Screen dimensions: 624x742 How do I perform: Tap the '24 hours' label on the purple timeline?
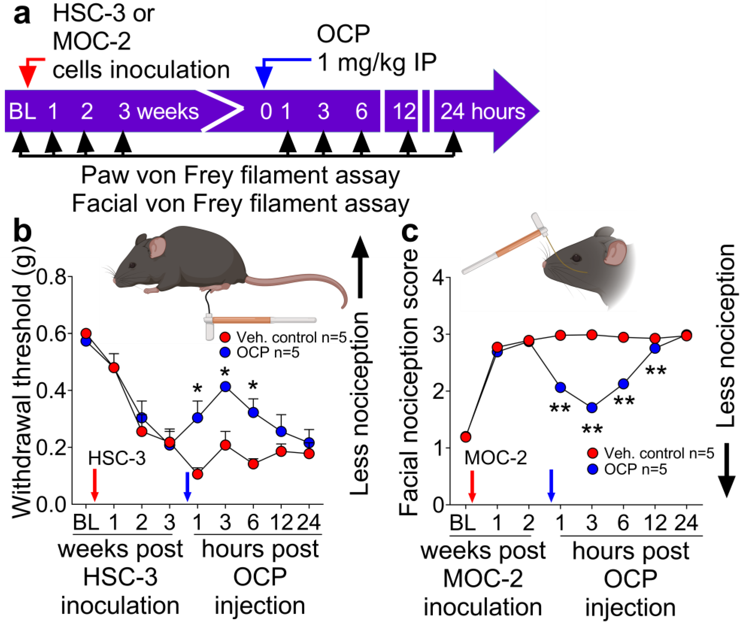coord(482,112)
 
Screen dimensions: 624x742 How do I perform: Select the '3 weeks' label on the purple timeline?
coord(158,112)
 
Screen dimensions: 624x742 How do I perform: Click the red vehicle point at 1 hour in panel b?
coord(197,474)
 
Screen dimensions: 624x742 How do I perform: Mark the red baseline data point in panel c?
coord(466,437)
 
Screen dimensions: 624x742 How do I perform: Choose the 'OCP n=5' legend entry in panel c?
coord(635,470)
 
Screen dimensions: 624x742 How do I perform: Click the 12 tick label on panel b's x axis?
coord(281,522)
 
